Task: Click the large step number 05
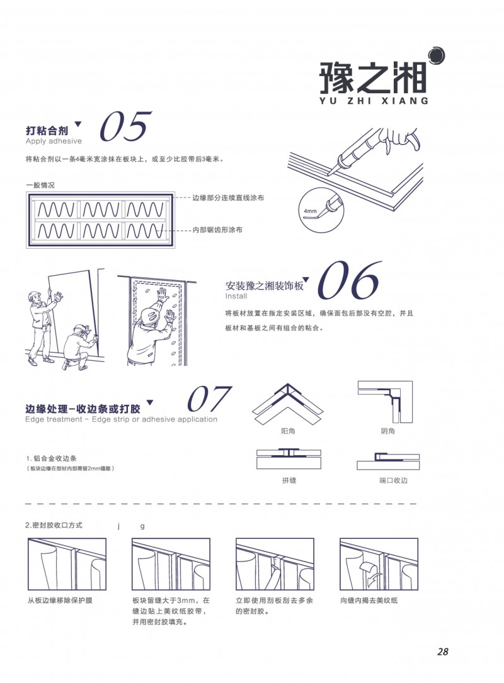coord(125,126)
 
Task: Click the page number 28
coord(442,652)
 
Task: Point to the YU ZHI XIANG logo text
coord(374,99)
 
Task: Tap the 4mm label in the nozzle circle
coord(310,210)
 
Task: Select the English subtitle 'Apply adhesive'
coord(54,141)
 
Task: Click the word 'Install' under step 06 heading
coord(236,296)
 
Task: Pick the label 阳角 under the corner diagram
coord(289,431)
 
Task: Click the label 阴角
coord(388,431)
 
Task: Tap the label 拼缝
coord(289,480)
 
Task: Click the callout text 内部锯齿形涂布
coord(217,230)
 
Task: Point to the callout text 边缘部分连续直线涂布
coord(228,198)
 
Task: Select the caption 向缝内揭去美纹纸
coord(369,600)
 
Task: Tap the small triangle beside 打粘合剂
coord(78,124)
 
